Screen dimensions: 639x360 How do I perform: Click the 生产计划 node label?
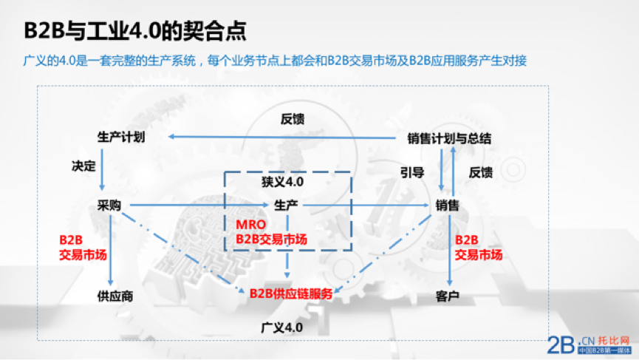[121, 137]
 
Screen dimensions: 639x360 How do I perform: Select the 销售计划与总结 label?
[449, 139]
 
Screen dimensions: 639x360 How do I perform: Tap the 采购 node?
[109, 205]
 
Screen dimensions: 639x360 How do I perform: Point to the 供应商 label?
[115, 296]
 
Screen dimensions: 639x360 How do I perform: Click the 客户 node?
[448, 296]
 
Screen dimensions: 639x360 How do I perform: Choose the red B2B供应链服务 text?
[291, 293]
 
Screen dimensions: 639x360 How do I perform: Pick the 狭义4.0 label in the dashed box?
[282, 181]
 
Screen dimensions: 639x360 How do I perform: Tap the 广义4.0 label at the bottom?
[282, 327]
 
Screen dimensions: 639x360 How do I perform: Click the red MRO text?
[250, 225]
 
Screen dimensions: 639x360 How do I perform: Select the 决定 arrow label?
[83, 166]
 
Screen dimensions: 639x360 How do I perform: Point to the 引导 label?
[412, 172]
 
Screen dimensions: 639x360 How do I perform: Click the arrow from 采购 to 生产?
[199, 205]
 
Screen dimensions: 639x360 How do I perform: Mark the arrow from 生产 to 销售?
[366, 205]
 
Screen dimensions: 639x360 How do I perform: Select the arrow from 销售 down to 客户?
[449, 250]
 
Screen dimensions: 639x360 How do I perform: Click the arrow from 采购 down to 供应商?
[110, 250]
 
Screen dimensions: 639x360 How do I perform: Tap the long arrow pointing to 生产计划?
[282, 137]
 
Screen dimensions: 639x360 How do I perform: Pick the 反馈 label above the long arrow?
[293, 119]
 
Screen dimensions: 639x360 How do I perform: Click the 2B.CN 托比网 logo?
[590, 345]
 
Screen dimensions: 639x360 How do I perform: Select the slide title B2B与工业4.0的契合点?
[135, 30]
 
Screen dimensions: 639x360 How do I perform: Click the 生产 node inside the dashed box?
[286, 205]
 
